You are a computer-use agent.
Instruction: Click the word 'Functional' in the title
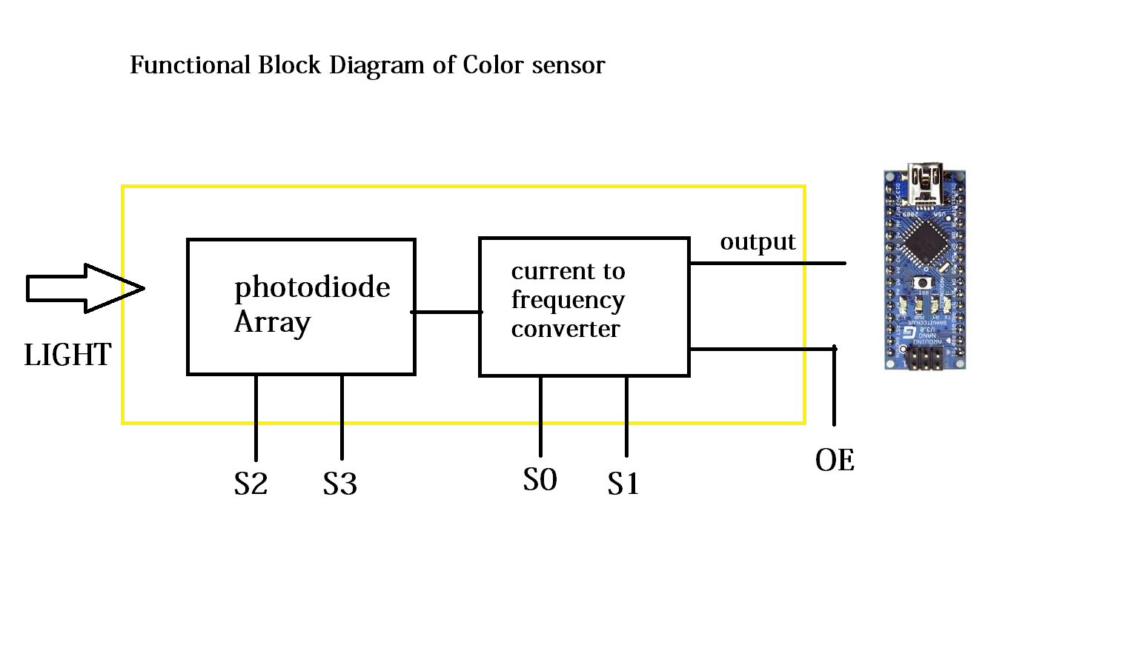coord(190,65)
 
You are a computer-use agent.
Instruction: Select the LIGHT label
coord(67,355)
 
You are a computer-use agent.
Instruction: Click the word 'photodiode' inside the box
coord(312,288)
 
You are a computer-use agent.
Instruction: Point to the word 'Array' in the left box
coord(272,323)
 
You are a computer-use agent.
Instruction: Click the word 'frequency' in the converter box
coord(568,301)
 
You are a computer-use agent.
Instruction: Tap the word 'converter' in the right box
coord(565,329)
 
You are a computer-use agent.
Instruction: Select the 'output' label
coord(757,243)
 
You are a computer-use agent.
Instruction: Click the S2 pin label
coord(251,484)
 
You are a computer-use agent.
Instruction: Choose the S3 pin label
coord(340,484)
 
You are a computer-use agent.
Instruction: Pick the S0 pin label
coord(540,480)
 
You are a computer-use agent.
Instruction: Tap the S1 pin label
coord(623,484)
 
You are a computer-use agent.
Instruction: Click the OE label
coord(835,461)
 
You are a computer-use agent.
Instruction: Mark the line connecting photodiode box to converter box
coord(447,312)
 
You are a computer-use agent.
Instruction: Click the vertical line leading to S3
coord(342,418)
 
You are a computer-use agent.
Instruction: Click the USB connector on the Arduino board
coord(925,181)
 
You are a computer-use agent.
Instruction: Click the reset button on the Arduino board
coord(923,283)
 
